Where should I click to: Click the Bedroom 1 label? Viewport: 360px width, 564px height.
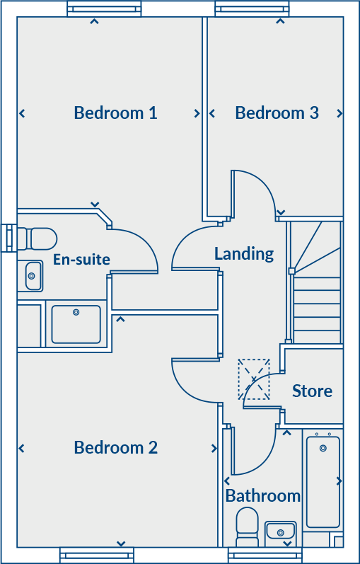click(x=115, y=113)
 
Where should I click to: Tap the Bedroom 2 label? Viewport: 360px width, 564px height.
click(x=115, y=447)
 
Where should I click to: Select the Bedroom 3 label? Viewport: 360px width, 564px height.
click(x=277, y=113)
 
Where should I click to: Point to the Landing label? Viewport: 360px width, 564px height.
click(x=244, y=253)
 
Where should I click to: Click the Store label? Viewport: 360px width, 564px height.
click(x=312, y=391)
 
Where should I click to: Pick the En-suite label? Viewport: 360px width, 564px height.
click(x=81, y=260)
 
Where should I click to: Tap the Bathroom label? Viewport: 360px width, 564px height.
click(x=262, y=496)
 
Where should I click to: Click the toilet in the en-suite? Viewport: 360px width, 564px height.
click(x=37, y=237)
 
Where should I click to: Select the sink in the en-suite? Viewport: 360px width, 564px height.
click(x=33, y=276)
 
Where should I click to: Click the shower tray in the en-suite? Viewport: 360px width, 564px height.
click(x=76, y=324)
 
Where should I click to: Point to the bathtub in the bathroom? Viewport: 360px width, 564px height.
click(x=323, y=481)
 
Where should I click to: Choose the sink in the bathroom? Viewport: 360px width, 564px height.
click(x=280, y=531)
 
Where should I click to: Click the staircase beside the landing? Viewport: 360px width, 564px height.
click(x=316, y=283)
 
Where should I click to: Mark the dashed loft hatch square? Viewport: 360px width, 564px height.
click(x=254, y=379)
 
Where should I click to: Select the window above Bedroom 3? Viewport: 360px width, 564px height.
click(x=252, y=9)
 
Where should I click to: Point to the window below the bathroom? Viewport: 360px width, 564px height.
click(x=265, y=555)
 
